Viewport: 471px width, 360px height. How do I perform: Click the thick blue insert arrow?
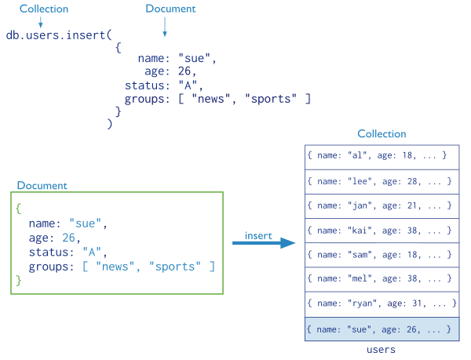pyautogui.click(x=264, y=243)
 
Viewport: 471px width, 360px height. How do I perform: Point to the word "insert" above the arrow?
pyautogui.click(x=258, y=235)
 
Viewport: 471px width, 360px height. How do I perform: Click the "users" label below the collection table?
pyautogui.click(x=382, y=350)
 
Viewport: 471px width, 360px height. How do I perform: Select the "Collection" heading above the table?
pyautogui.click(x=382, y=134)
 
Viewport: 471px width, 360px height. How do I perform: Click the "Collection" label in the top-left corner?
pyautogui.click(x=43, y=9)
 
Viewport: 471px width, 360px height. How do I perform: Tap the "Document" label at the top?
pyautogui.click(x=170, y=9)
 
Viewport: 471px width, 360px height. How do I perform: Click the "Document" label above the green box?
pyautogui.click(x=42, y=186)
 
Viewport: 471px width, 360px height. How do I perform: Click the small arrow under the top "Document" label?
pyautogui.click(x=165, y=28)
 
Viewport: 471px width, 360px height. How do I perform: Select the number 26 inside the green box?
pyautogui.click(x=71, y=238)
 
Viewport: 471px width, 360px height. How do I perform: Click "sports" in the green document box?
pyautogui.click(x=175, y=267)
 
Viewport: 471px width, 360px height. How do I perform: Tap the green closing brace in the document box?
pyautogui.click(x=18, y=280)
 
